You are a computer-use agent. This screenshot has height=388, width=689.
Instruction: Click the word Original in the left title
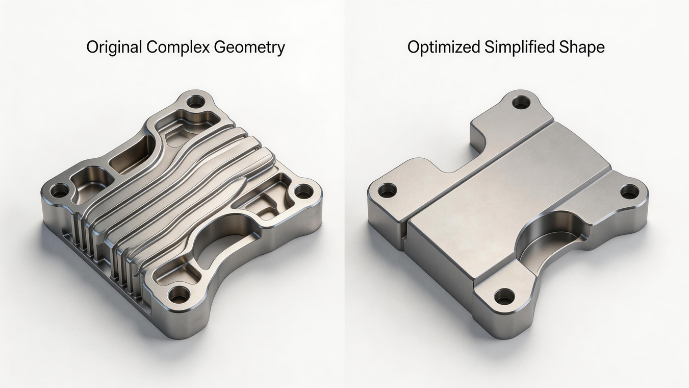(114, 47)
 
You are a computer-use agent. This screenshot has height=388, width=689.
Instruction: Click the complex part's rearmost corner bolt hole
(195, 101)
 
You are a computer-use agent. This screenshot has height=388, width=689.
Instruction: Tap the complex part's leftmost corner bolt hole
(60, 191)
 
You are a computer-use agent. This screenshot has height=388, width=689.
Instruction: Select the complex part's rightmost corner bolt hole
(303, 192)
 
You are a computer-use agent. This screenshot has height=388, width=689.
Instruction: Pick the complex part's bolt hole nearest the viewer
(178, 294)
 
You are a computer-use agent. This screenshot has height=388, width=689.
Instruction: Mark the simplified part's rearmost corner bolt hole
(521, 102)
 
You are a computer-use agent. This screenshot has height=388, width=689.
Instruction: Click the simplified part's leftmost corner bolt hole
(387, 190)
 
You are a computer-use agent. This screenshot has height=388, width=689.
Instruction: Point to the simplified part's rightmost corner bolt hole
(629, 192)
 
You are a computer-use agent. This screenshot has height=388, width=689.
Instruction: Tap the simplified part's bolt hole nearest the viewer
(504, 296)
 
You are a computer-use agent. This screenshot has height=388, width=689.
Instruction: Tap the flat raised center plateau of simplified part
(510, 194)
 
